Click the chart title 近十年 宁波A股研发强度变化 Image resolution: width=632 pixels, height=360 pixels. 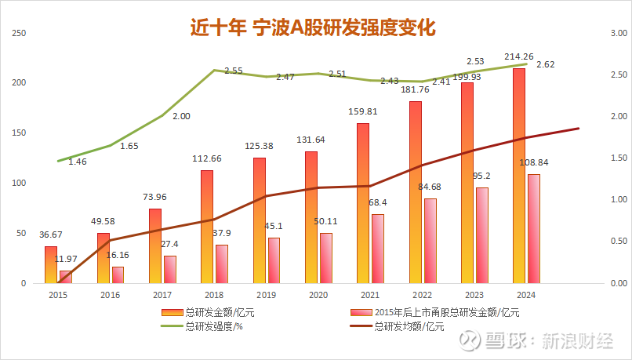pos(314,27)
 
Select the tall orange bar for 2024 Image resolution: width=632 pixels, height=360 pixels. pos(519,176)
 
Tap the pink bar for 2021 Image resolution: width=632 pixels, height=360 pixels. pos(377,248)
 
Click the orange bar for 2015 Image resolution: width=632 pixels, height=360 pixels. pos(51,264)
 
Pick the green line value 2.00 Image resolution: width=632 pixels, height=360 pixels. pos(181,116)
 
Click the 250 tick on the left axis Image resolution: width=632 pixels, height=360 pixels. pos(20,33)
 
